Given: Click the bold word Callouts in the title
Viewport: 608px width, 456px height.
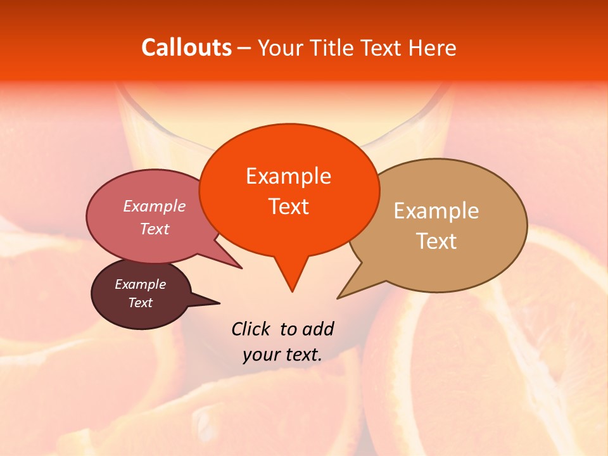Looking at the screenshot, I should point(186,47).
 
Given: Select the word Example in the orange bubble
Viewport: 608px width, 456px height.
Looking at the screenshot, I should point(288,175).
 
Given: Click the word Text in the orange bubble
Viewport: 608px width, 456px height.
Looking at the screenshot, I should point(288,206).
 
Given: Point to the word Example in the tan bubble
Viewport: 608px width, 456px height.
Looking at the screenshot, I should point(436,210).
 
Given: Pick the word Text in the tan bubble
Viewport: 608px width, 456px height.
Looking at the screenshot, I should point(436,241).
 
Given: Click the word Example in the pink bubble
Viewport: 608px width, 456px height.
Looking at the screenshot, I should point(155,206).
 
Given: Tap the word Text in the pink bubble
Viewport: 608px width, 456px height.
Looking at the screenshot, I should point(155,229).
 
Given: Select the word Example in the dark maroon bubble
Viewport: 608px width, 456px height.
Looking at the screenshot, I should point(140,284).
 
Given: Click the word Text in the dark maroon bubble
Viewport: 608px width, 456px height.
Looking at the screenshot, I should point(140,303).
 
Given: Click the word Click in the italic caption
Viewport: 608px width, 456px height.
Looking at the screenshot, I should point(251,329).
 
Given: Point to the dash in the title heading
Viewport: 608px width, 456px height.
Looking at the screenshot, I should point(244,48).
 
